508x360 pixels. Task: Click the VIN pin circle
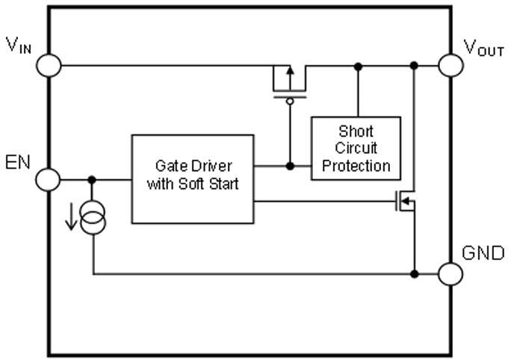click(x=49, y=65)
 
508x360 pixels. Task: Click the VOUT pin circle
click(x=451, y=65)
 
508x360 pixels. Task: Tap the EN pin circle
click(x=49, y=179)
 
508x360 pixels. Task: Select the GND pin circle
click(x=451, y=273)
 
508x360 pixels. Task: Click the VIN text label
click(x=19, y=44)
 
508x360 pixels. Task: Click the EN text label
click(x=18, y=161)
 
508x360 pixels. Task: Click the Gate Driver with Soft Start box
click(x=193, y=179)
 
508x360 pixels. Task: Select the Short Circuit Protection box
click(x=356, y=148)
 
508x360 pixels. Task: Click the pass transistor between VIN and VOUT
click(x=289, y=81)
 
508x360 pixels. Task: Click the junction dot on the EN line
click(x=93, y=179)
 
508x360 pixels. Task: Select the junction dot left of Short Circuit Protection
click(x=290, y=165)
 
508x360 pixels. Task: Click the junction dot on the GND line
click(x=414, y=273)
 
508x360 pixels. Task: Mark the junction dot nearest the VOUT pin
click(x=414, y=66)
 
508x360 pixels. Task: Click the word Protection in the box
click(x=356, y=165)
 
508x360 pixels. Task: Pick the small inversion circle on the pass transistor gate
click(x=290, y=100)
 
